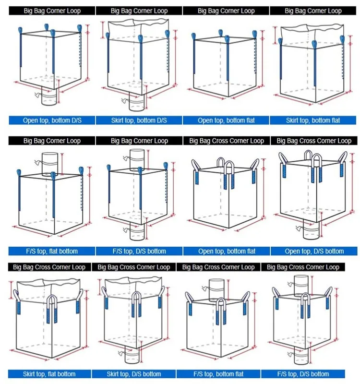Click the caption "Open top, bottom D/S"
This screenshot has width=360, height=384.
coord(52,120)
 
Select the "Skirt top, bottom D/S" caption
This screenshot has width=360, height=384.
coord(139,120)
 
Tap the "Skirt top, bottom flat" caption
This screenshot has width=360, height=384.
coord(313,120)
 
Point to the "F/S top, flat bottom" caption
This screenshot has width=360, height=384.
coord(52,251)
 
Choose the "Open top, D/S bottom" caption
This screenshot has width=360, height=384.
coord(314,251)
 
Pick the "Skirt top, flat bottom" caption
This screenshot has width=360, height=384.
coord(49,374)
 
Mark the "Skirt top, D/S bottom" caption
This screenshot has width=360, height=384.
coord(134,374)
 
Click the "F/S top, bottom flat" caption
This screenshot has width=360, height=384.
coord(218,374)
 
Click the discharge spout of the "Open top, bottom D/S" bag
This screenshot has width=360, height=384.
coord(49,96)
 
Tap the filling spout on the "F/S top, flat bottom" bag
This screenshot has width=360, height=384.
coord(50,164)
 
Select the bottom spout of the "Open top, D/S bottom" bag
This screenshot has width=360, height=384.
coord(311,229)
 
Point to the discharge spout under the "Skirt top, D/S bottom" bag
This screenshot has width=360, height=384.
coord(132,354)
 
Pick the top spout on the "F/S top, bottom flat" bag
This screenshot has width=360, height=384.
coord(216,290)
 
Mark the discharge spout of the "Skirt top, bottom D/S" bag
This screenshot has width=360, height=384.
coord(137,102)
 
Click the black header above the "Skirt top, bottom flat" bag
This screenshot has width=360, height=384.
coord(313,11)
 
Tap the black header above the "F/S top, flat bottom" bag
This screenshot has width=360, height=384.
coord(52,141)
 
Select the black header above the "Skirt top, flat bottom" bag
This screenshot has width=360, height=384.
coord(49,267)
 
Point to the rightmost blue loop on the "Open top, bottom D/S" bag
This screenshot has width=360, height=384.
coord(79,28)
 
